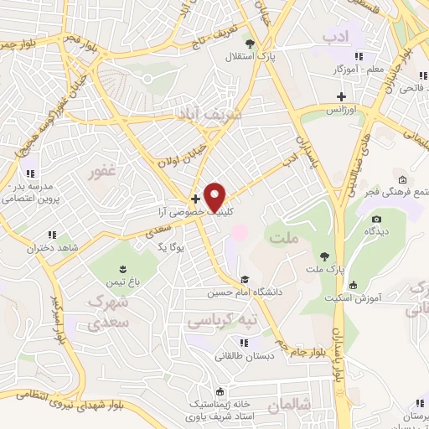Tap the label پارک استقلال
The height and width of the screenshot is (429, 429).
243,56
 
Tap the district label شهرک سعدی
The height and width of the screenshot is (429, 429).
109,310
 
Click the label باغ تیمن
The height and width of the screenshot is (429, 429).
122,282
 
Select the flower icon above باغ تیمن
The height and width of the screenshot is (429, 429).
122,269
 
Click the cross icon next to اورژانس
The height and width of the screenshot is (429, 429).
342,97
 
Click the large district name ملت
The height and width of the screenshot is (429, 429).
285,239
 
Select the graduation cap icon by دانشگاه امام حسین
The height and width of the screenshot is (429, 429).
244,281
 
